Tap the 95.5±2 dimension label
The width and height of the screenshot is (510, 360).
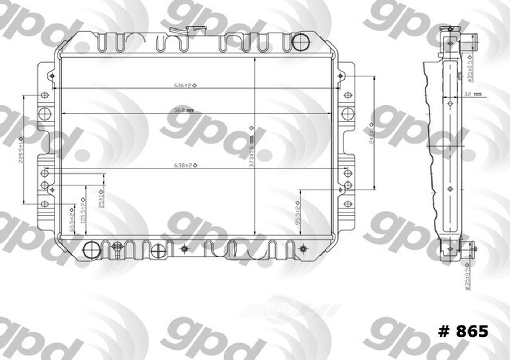(x=298, y=214)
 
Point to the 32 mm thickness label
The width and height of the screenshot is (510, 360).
(x=472, y=94)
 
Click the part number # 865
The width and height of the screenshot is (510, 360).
(x=463, y=331)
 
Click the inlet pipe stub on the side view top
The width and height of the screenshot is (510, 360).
(x=471, y=37)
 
